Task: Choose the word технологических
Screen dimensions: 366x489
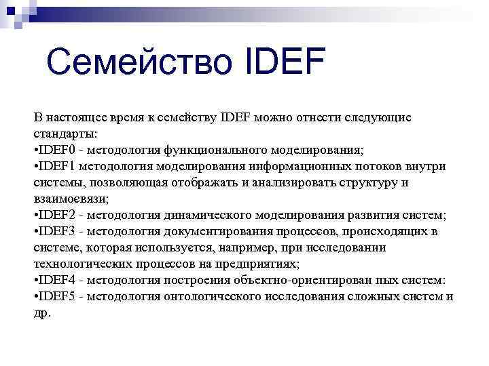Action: coord(77,264)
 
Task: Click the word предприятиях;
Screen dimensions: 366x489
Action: coord(260,264)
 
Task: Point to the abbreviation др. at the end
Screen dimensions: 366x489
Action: coord(42,313)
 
